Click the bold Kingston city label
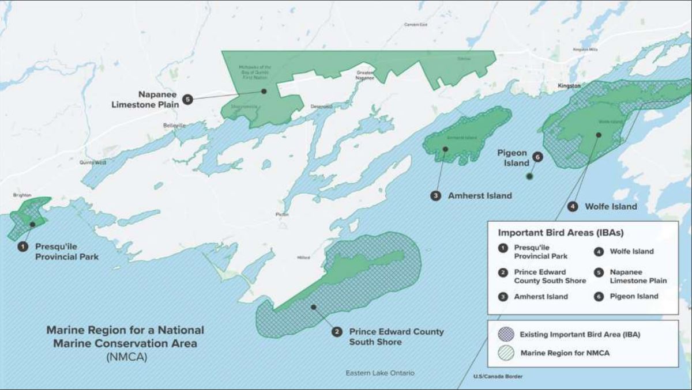[569, 85]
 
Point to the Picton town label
[282, 214]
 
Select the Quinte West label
[93, 162]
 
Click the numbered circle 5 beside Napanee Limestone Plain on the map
[187, 99]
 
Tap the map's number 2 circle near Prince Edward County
[336, 331]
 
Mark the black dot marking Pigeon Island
[529, 177]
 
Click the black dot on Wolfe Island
[599, 135]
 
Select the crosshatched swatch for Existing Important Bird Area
[506, 334]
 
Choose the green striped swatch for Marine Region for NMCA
[506, 353]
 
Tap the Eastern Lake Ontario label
[379, 373]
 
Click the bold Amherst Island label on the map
[479, 195]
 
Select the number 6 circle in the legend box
[598, 297]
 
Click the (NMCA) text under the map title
[126, 357]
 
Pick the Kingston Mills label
[585, 50]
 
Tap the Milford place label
[303, 258]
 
